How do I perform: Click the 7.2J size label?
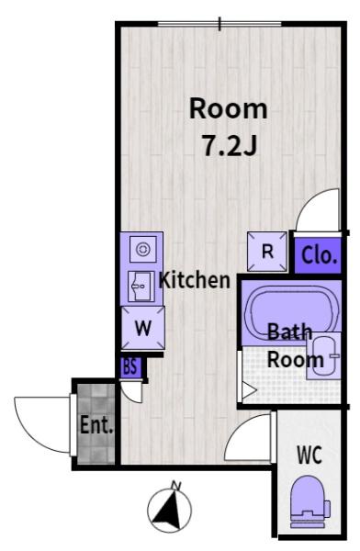230,145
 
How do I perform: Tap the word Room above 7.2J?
229,108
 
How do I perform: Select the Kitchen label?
195,280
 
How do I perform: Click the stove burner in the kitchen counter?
143,250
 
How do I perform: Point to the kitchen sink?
141,287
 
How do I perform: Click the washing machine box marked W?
143,328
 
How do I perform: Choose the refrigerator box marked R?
267,252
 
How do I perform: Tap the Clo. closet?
318,256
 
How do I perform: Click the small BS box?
130,367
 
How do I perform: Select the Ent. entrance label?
96,425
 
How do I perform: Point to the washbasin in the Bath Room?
323,355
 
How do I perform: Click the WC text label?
309,455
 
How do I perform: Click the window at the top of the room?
219,24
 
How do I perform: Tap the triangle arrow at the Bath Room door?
249,390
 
